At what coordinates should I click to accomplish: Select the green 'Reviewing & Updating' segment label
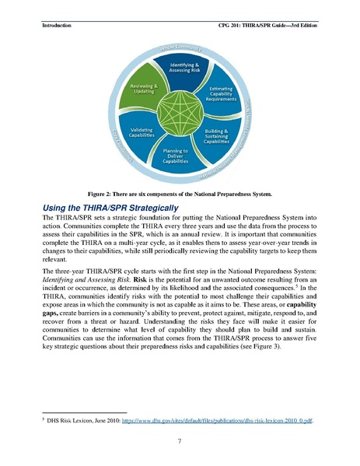point(144,88)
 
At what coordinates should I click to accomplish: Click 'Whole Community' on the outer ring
point(181,47)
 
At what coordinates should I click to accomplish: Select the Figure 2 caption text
point(180,193)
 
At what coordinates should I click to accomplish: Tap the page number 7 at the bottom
point(180,442)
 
